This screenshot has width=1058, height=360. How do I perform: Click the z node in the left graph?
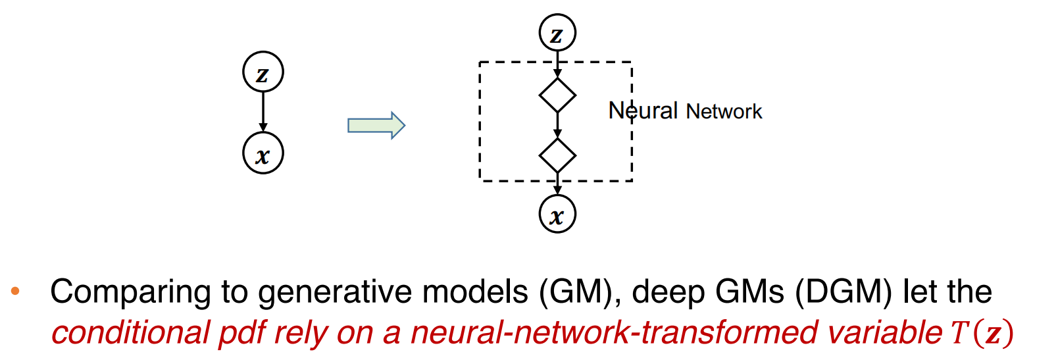click(263, 72)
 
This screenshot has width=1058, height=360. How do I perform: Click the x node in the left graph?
click(263, 153)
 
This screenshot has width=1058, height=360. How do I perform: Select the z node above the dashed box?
click(557, 33)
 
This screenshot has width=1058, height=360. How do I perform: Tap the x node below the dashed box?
click(557, 214)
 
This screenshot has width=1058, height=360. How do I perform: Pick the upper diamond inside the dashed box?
click(557, 95)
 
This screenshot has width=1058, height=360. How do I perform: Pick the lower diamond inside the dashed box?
click(557, 156)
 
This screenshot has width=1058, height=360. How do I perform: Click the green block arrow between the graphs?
click(376, 125)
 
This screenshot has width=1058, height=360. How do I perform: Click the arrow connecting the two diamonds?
click(557, 125)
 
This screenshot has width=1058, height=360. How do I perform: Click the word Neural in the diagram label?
click(642, 111)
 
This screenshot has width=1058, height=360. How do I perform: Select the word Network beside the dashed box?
click(724, 111)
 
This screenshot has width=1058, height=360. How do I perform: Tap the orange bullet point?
click(15, 290)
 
